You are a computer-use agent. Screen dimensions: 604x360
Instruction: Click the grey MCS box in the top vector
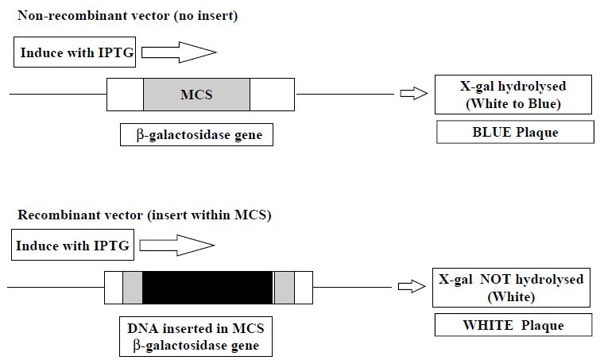(x=196, y=95)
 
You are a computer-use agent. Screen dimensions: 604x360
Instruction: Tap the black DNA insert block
(x=207, y=287)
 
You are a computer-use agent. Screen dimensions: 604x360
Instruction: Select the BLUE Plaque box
(x=515, y=132)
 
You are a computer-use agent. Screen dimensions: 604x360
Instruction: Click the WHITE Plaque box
(x=513, y=325)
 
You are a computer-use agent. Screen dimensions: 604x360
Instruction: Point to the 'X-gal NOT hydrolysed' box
(x=511, y=288)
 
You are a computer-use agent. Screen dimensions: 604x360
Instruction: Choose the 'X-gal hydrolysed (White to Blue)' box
(x=513, y=95)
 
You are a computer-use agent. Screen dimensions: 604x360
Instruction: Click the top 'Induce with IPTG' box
(x=75, y=52)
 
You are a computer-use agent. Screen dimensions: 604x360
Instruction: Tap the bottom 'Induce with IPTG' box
(x=73, y=245)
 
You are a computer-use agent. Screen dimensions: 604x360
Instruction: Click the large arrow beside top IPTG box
(x=179, y=52)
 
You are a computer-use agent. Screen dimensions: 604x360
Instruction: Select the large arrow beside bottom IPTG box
(x=177, y=246)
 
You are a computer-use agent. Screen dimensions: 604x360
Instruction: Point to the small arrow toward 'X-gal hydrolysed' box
(x=414, y=94)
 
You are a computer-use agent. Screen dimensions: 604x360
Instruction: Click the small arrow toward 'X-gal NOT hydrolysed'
(x=412, y=286)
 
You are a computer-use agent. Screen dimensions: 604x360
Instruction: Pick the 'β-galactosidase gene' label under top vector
(x=196, y=135)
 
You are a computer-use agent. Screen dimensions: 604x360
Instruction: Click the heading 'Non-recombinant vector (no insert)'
(x=127, y=15)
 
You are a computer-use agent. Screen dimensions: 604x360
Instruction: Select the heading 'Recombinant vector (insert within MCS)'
(x=145, y=215)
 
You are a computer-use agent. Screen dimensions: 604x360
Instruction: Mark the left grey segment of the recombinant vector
(x=133, y=287)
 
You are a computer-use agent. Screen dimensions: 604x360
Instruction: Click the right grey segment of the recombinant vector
(x=285, y=287)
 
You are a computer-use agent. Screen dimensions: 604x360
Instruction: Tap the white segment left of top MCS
(x=126, y=95)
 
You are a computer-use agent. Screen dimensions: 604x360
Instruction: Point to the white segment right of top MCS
(x=272, y=95)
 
